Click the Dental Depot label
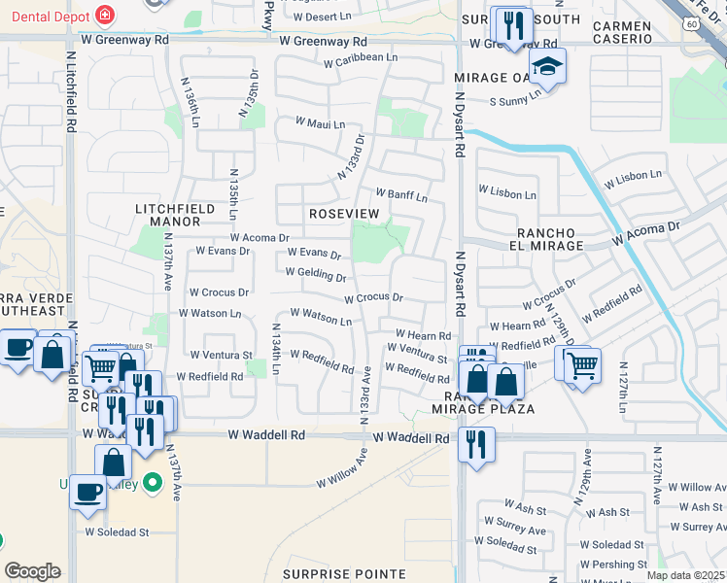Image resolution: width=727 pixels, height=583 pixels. pyautogui.click(x=46, y=17)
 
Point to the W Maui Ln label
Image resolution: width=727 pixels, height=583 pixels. pyautogui.click(x=320, y=124)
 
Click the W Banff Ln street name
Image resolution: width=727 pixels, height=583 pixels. pyautogui.click(x=400, y=196)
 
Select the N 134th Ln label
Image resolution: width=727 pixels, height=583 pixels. pyautogui.click(x=275, y=350)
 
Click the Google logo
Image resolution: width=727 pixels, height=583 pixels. pyautogui.click(x=32, y=571)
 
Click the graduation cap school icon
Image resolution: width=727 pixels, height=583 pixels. pyautogui.click(x=548, y=67)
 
